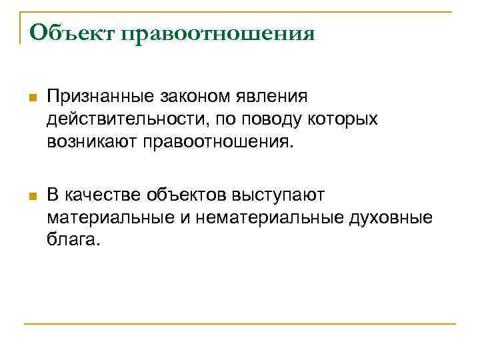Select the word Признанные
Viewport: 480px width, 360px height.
[x=99, y=97]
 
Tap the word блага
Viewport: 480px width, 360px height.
[x=74, y=239]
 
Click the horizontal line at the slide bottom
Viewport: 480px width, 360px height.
[x=240, y=325]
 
